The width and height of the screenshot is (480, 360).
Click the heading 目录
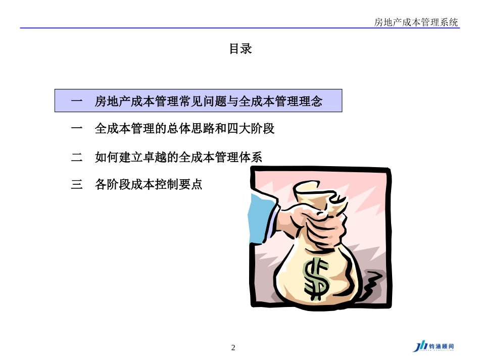[x=241, y=49]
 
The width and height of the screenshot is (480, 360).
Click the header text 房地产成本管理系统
[x=416, y=22]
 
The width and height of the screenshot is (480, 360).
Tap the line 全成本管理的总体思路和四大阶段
[x=184, y=129]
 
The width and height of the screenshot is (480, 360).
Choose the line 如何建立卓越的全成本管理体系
[x=178, y=157]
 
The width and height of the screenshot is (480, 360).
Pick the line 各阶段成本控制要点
[x=148, y=185]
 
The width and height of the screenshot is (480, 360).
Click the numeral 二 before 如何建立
[x=77, y=157]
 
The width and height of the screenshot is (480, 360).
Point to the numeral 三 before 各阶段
[x=77, y=185]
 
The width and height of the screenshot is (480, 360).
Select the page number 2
[x=233, y=347]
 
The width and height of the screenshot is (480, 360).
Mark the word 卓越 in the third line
[x=155, y=157]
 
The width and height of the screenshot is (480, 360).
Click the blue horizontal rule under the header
[x=240, y=28]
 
